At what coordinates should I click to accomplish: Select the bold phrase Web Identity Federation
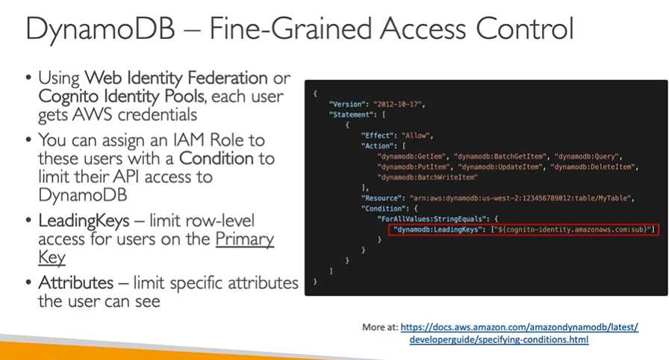[175, 77]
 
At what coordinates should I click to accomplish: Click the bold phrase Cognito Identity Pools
[123, 96]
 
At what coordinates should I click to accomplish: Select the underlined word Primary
[246, 239]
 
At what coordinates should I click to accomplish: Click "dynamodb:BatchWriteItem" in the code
[428, 177]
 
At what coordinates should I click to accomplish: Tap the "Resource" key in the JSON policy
[385, 198]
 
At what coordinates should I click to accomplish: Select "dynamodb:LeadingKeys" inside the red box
[441, 230]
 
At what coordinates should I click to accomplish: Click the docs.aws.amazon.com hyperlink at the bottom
[519, 328]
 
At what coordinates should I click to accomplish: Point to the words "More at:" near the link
[379, 328]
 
